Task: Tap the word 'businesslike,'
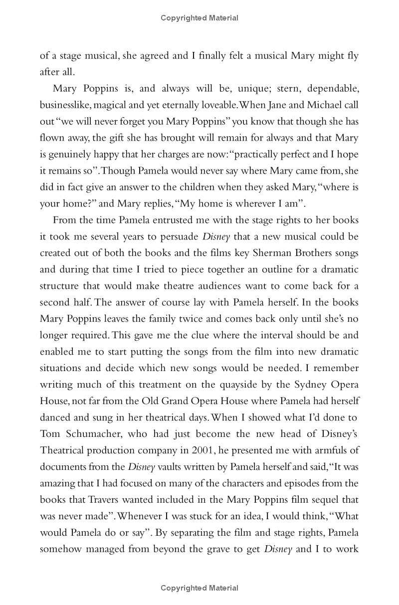pyautogui.click(x=68, y=105)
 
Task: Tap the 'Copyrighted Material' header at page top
pyautogui.click(x=199, y=18)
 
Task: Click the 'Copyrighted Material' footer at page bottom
pyautogui.click(x=199, y=589)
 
